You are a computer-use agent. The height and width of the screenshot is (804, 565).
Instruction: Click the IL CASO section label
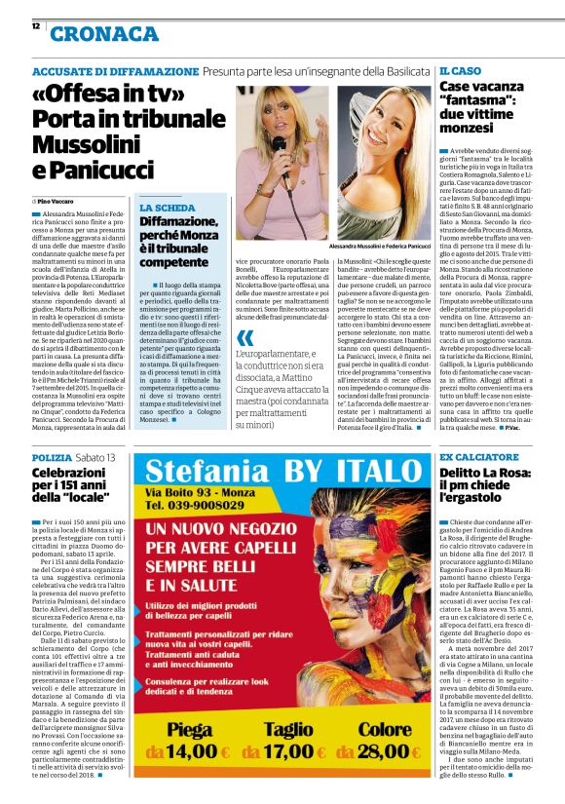click(460, 72)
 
